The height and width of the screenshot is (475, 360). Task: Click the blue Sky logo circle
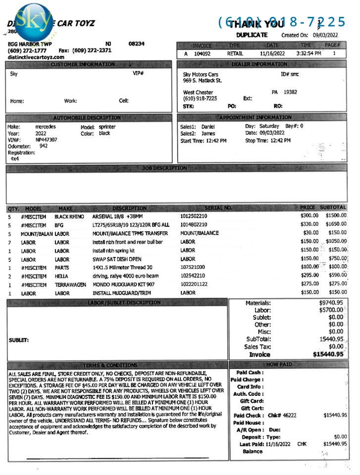[x=34, y=22]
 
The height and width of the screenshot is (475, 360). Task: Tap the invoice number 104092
[x=202, y=53]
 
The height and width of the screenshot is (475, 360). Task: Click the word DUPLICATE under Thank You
[x=252, y=35]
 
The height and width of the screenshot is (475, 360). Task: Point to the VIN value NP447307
[x=46, y=140]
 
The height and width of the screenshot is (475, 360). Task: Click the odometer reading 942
[x=44, y=146]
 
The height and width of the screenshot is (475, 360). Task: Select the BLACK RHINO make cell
[x=69, y=216]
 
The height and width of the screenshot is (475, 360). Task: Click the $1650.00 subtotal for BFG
[x=336, y=225]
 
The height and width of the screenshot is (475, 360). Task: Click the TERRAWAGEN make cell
[x=70, y=285]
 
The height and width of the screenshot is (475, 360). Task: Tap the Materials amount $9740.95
[x=331, y=303]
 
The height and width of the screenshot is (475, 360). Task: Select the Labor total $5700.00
[x=331, y=310]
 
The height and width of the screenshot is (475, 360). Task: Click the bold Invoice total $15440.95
[x=328, y=354]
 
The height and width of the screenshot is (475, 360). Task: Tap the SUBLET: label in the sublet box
[x=19, y=340]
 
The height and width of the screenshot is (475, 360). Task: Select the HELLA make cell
[x=61, y=276]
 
